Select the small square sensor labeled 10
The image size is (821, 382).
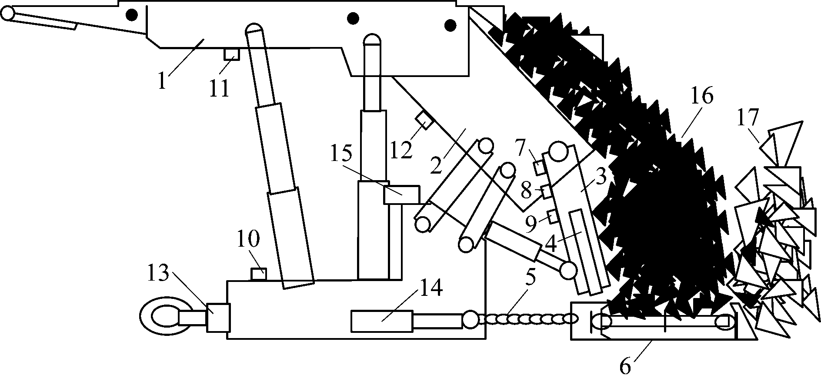point(259,274)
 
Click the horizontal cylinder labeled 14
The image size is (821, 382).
point(382,321)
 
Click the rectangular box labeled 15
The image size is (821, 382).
point(402,194)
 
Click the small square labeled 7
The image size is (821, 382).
point(539,168)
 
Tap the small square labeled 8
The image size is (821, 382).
point(547,191)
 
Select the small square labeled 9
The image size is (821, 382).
point(553,216)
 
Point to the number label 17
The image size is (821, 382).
point(748,117)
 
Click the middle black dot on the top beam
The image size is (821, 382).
point(353,18)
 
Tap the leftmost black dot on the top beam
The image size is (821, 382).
point(131,15)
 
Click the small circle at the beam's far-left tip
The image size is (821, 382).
point(7,14)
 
